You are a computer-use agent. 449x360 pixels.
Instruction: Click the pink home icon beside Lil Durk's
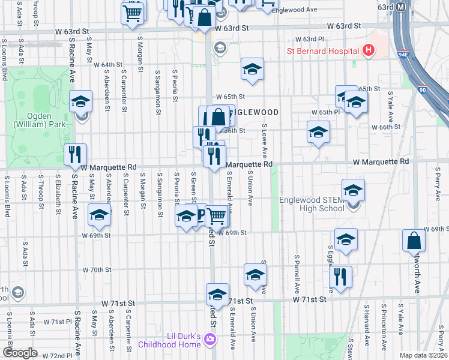(x=209, y=340)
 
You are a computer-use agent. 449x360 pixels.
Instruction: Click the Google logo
(x=19, y=353)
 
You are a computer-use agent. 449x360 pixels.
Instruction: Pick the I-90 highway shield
(x=422, y=91)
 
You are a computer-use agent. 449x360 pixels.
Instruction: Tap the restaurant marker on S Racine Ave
(x=75, y=155)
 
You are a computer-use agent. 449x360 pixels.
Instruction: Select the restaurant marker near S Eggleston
(x=340, y=277)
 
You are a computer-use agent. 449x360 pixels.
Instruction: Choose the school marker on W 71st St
(x=217, y=294)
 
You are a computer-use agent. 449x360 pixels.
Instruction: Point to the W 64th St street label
(x=108, y=65)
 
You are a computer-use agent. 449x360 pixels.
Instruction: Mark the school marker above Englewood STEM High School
(x=353, y=190)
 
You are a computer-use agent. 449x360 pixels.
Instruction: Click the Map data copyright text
(x=423, y=355)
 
